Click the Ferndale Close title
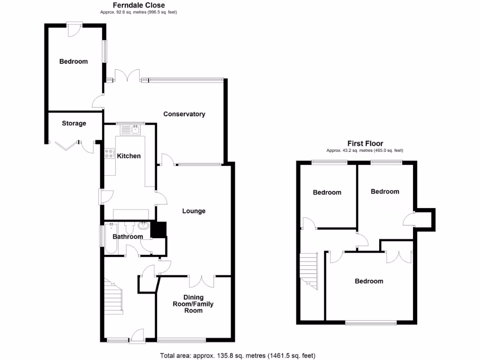coord(139,5)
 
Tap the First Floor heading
coord(365,143)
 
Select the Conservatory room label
coord(184,114)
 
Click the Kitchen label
coord(128,156)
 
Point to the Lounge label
coord(194,211)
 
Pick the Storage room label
coord(74,123)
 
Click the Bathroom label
coord(127,237)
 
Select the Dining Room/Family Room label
coord(191,304)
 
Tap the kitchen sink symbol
coord(135,130)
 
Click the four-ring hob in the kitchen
coord(110,154)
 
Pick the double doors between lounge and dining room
coord(202,281)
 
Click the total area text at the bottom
coord(240,355)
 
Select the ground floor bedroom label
coord(73,61)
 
